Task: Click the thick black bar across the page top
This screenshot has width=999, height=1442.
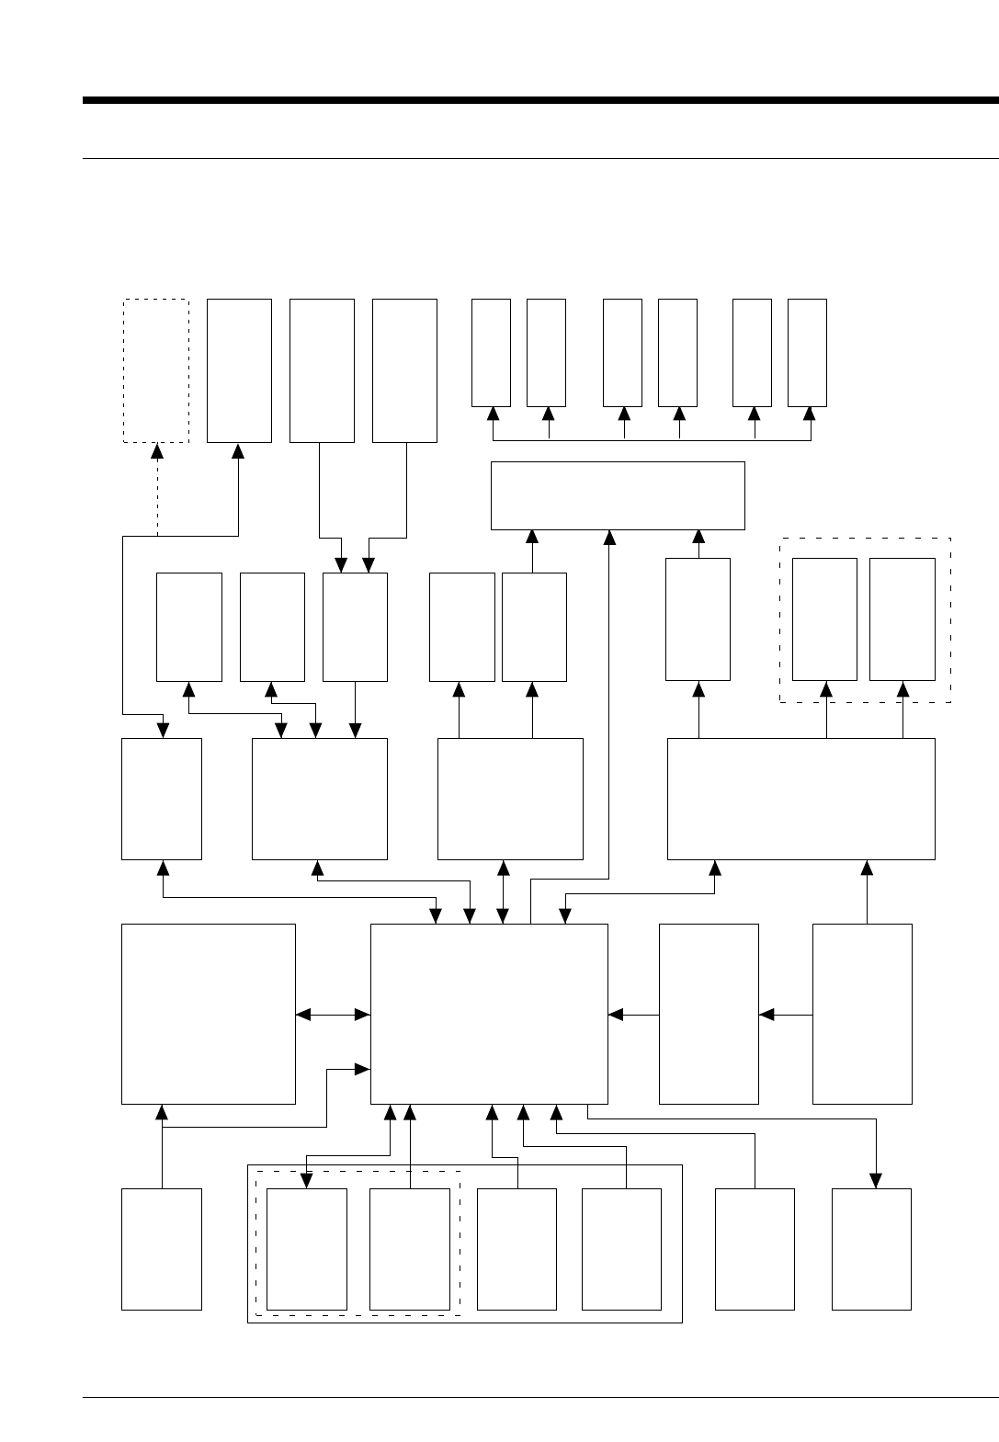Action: point(540,100)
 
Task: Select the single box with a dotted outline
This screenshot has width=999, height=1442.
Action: point(156,370)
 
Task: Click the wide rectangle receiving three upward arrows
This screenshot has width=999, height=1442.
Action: point(618,495)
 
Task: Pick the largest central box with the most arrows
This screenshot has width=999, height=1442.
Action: point(489,1013)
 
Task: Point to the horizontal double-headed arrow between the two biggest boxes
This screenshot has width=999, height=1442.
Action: point(333,1015)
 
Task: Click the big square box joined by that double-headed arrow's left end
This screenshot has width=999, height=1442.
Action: point(209,1013)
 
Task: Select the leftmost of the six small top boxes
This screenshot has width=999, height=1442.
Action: point(491,352)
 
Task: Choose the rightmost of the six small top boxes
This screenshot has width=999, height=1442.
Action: point(807,352)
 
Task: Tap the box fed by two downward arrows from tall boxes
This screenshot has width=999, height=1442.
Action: point(355,627)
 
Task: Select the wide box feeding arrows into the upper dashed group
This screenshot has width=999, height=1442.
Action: point(800,799)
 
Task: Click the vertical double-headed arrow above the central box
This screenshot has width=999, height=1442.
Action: point(503,891)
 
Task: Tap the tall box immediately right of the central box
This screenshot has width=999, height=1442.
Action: point(709,1013)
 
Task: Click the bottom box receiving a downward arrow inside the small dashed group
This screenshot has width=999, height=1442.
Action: point(306,1248)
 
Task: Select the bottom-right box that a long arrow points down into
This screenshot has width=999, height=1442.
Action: point(871,1248)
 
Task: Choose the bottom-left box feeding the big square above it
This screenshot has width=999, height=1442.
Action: point(162,1248)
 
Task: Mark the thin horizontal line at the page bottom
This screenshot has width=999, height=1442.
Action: point(540,1398)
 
